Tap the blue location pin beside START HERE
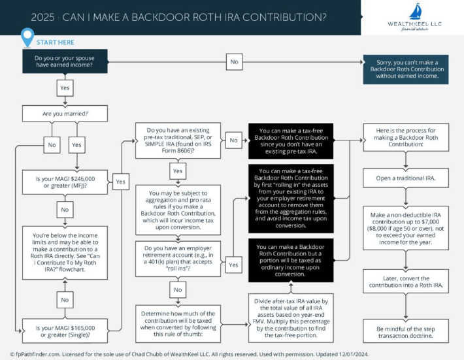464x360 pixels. point(27,38)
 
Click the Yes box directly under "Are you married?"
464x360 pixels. point(76,144)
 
